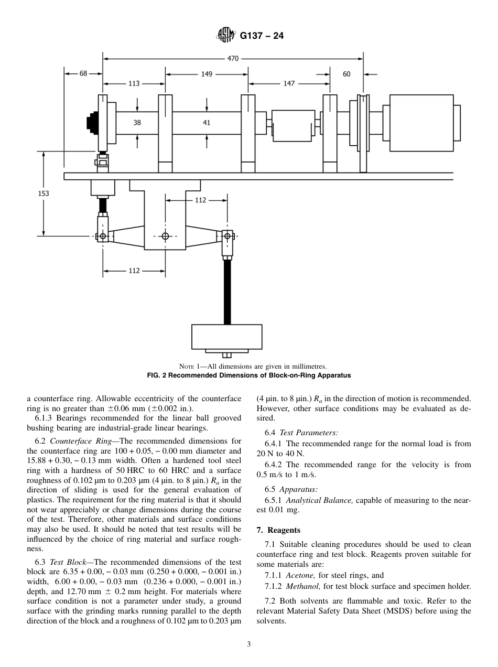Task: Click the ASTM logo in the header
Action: pos(226,36)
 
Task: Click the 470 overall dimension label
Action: pos(233,58)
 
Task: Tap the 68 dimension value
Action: pos(83,74)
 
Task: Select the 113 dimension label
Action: pos(134,83)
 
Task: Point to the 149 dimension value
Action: pos(207,74)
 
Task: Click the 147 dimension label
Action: pos(289,83)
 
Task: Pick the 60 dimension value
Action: pos(347,74)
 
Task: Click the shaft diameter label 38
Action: pos(137,122)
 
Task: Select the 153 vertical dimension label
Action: pos(44,193)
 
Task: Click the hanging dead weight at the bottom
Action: pos(226,337)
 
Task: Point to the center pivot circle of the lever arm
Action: pos(165,236)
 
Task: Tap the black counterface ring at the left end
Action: pos(93,122)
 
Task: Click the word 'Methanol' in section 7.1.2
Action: pos(302,586)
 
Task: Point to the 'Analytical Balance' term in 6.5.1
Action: pos(320,500)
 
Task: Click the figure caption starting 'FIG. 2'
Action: pos(248,375)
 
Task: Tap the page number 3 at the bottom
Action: pos(249,644)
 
